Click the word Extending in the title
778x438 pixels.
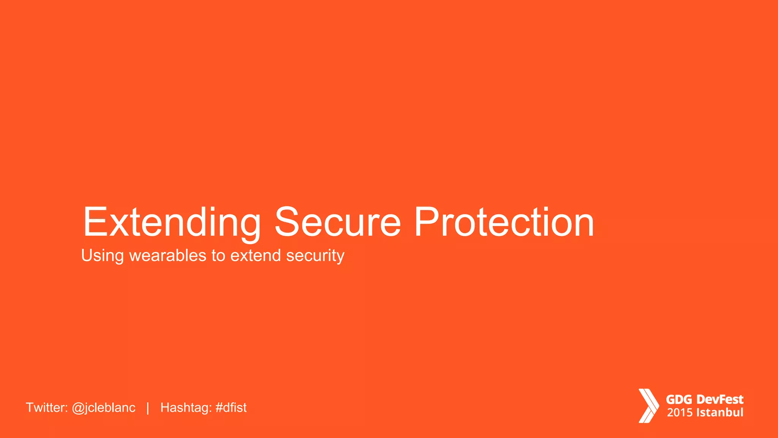(172, 222)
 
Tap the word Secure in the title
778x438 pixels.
(337, 222)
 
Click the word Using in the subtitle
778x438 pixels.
(102, 256)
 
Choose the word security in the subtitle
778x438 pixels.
(315, 256)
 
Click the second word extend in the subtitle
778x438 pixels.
(256, 255)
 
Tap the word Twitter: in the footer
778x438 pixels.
(47, 408)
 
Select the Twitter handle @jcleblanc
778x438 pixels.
(104, 408)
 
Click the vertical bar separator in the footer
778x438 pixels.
(148, 408)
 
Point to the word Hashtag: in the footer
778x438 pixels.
(186, 408)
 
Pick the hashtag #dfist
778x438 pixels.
(231, 408)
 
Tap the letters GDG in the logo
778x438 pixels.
(679, 400)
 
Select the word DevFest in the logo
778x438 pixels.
(720, 400)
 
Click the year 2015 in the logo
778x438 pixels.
(680, 413)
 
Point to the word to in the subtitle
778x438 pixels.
(218, 255)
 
